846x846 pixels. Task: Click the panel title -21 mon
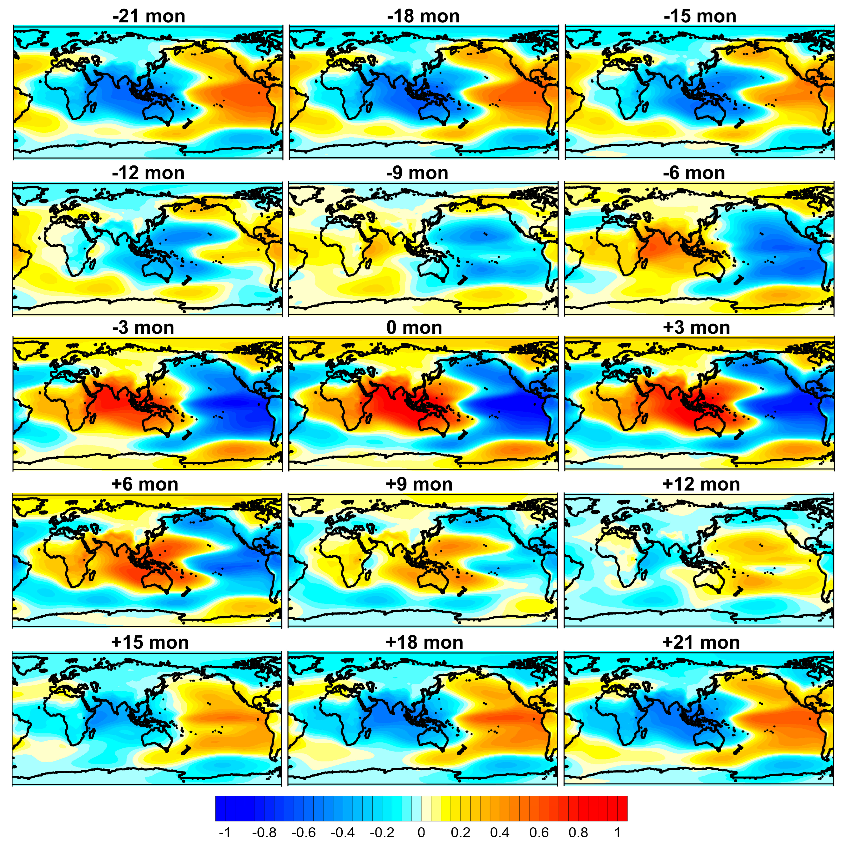tap(149, 16)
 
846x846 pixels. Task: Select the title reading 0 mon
tap(414, 328)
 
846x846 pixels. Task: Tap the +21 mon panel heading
tap(701, 642)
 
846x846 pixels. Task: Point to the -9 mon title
tap(417, 173)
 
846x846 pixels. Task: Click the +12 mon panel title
tap(701, 484)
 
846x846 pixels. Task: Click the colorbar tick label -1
tap(224, 833)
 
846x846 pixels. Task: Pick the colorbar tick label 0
tap(421, 833)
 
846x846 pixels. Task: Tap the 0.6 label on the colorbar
tap(539, 833)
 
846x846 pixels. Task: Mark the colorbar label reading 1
tap(617, 833)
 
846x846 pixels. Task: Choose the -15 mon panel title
tap(700, 16)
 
